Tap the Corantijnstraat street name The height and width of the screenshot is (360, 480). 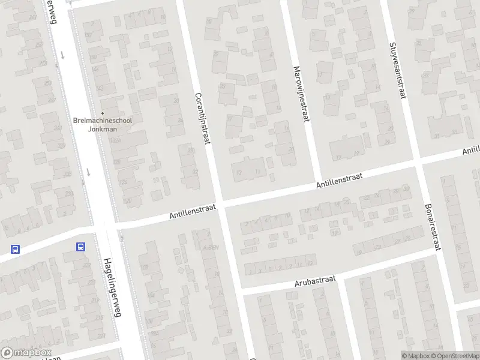(x=202, y=118)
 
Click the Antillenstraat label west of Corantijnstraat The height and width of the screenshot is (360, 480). (x=192, y=211)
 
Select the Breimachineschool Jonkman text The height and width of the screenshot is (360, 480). (x=102, y=124)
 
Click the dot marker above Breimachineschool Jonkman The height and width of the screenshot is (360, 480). (x=102, y=113)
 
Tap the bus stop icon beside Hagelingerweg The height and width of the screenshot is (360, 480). (x=80, y=247)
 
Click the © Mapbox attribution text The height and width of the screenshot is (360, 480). (x=415, y=356)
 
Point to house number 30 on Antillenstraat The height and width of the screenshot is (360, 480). (x=406, y=188)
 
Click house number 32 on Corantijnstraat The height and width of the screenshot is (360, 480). (x=195, y=172)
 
